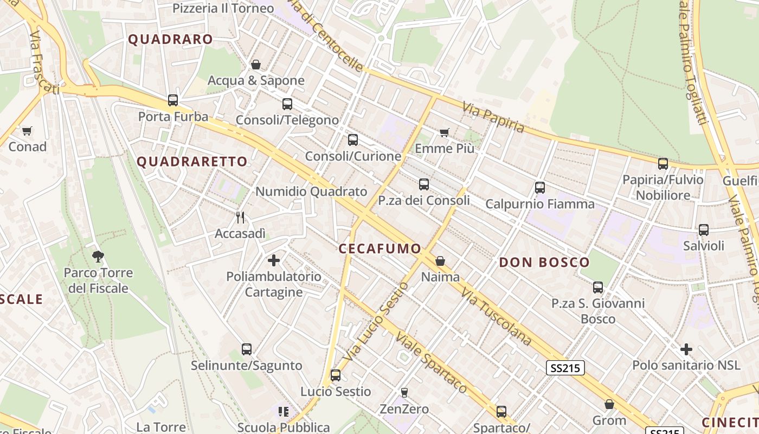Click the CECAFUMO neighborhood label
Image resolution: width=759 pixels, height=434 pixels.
[x=379, y=249]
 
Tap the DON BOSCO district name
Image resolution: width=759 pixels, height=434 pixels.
[x=544, y=263]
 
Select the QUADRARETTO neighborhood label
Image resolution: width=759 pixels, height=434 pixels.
[x=192, y=162]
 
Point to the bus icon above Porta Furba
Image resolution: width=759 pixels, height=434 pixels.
[x=173, y=100]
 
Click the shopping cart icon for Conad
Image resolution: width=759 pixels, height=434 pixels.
[x=27, y=131]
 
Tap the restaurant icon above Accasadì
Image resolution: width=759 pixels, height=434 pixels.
[x=240, y=218]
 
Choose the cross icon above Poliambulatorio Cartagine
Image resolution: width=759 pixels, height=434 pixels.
[x=274, y=260]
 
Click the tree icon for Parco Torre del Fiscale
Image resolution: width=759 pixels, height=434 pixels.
[x=98, y=256]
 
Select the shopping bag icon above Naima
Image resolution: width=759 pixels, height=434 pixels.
[x=440, y=261]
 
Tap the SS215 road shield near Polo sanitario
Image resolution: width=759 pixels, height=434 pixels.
[x=565, y=368]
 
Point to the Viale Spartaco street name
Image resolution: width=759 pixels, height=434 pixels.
[x=431, y=362]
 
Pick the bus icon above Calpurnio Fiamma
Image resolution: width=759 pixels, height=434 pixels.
[x=540, y=188]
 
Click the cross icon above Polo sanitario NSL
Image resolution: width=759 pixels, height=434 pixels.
[x=686, y=349]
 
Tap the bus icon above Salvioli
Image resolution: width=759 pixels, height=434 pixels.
[x=704, y=230]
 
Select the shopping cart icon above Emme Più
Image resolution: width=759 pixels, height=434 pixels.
[x=445, y=132]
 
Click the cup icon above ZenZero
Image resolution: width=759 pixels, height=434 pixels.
[x=404, y=392]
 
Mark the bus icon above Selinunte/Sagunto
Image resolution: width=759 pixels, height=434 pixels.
[x=247, y=349]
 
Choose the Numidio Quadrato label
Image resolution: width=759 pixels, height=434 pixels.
[x=311, y=192]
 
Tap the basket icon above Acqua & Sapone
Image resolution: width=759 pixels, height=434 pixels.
[x=256, y=65]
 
